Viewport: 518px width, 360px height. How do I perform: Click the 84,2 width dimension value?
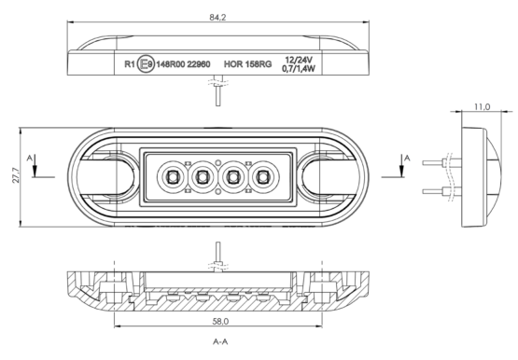point(217,17)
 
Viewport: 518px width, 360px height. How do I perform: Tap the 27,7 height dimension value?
point(16,175)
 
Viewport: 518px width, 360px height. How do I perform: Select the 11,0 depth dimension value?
point(483,107)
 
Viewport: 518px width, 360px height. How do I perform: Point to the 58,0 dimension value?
point(220,321)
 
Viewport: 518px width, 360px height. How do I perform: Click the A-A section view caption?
point(220,341)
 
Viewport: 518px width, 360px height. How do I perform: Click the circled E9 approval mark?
point(146,63)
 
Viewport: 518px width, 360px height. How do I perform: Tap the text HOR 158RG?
point(247,64)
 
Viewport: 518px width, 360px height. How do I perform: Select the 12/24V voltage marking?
point(299,60)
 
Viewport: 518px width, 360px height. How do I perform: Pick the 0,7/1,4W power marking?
point(299,69)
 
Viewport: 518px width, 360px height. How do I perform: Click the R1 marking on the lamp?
point(130,64)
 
